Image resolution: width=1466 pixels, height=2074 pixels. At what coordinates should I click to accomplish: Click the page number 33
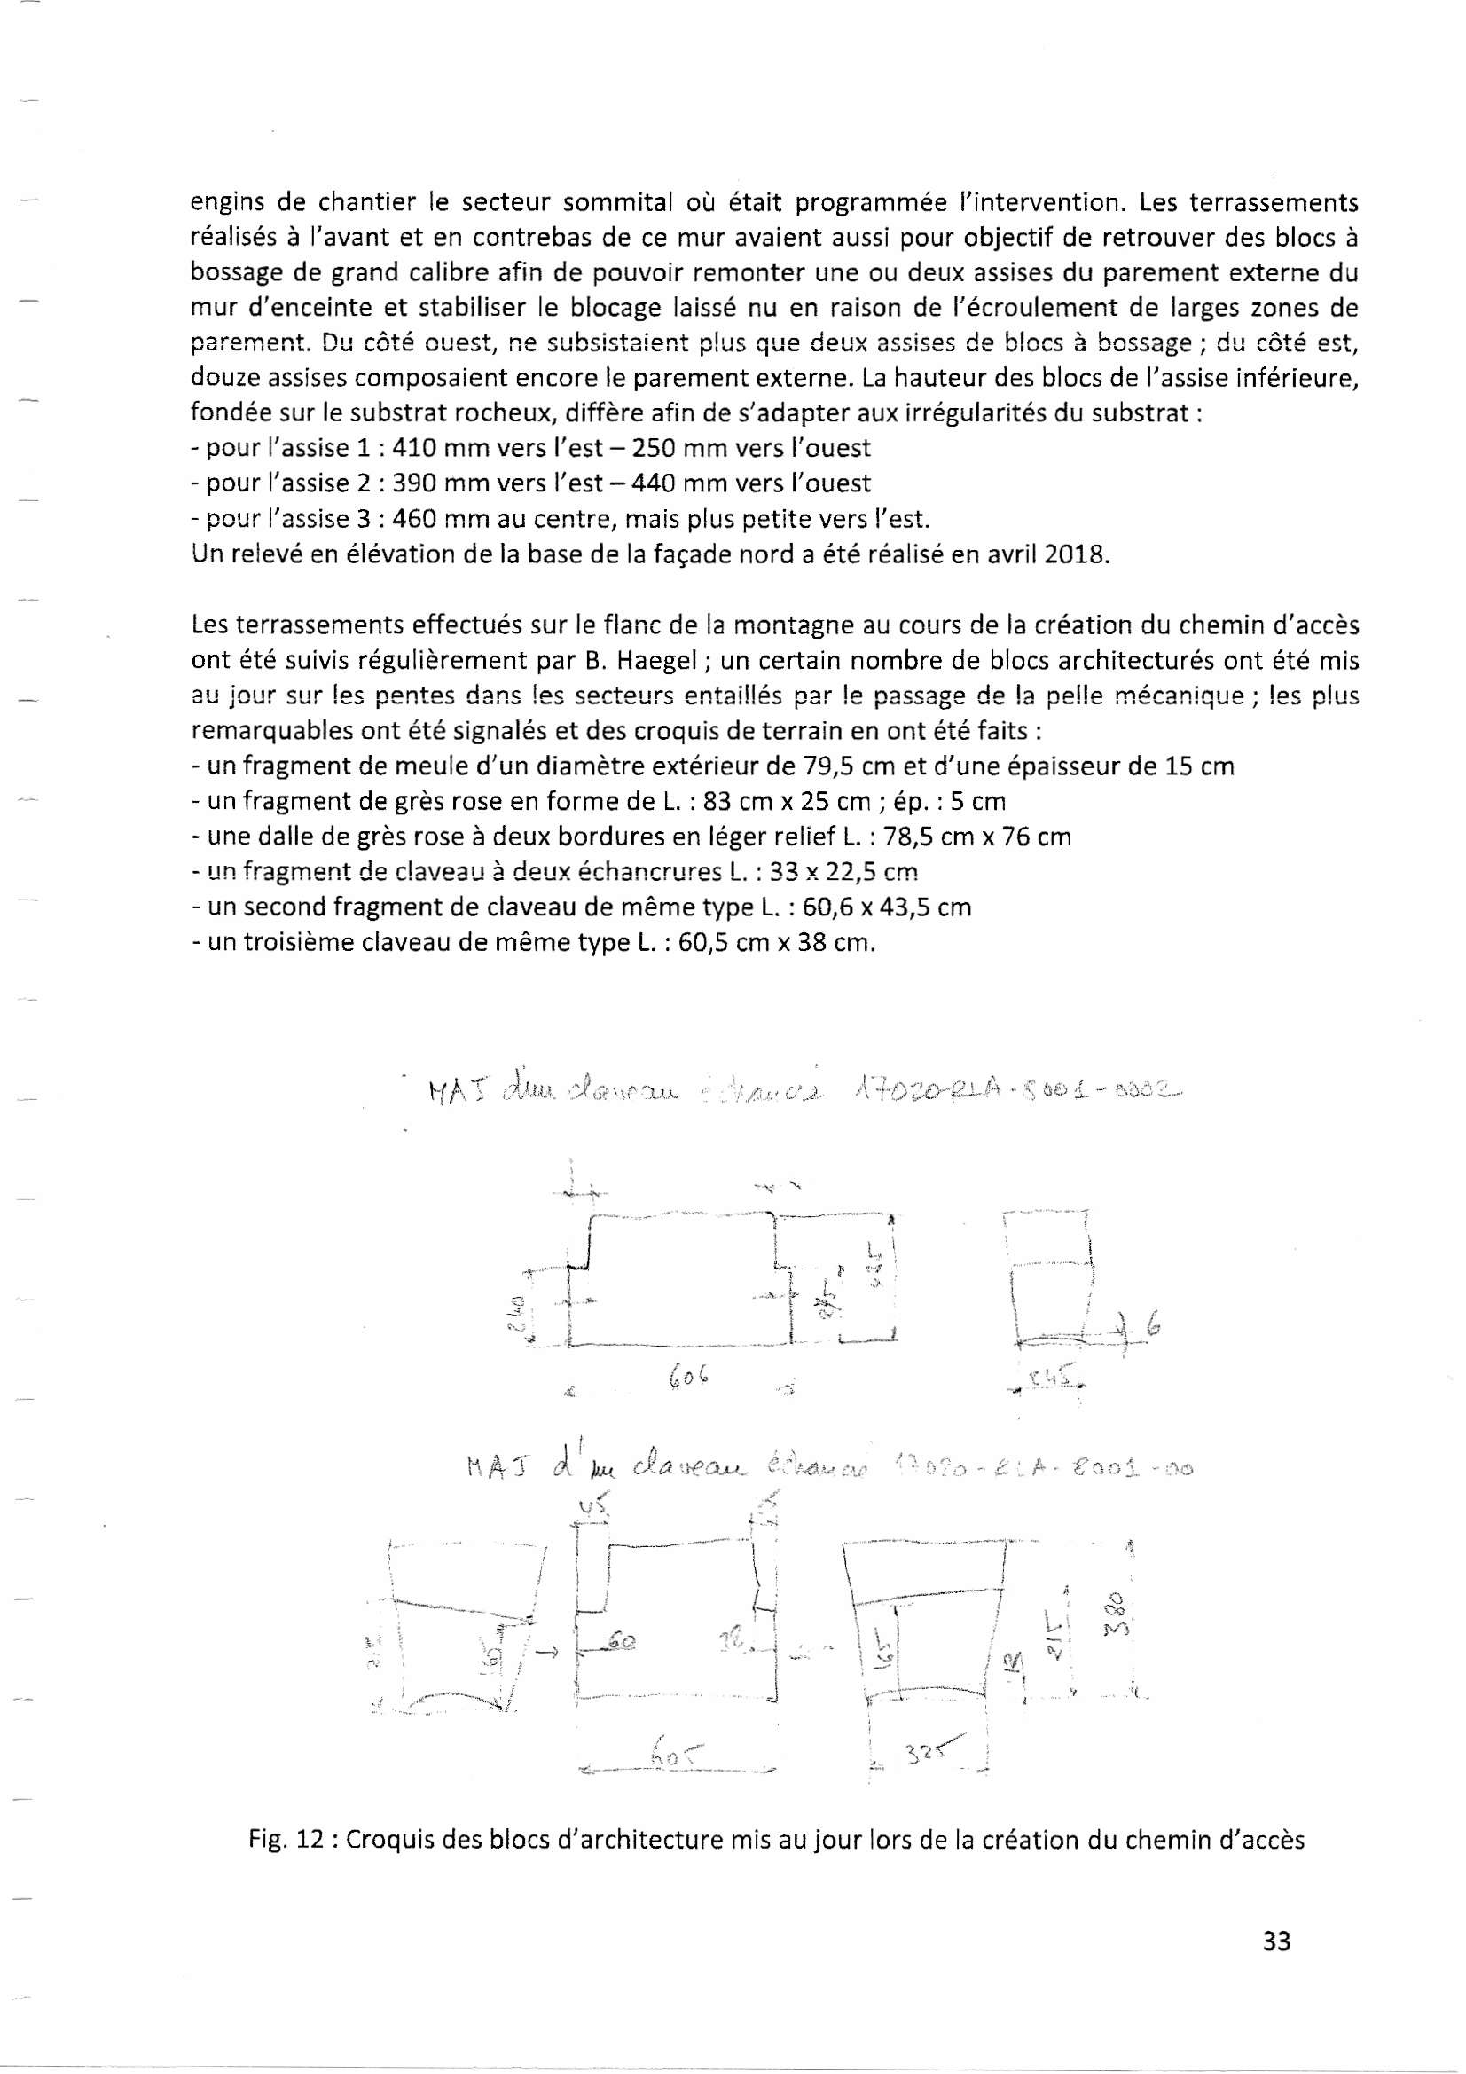[x=1277, y=1940]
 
